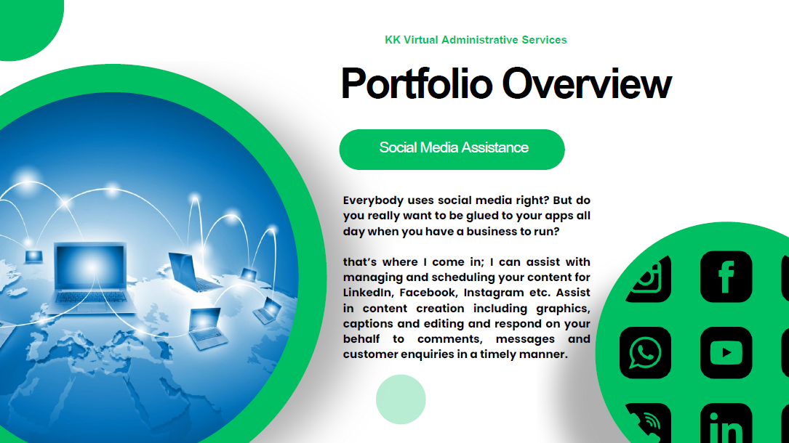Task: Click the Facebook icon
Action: pos(726,277)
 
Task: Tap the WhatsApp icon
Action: pos(645,353)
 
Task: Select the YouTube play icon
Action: pos(726,353)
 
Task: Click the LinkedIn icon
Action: pos(726,423)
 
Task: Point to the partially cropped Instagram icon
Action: pos(649,279)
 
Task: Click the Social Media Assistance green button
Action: pos(452,149)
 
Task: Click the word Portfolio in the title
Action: pos(417,84)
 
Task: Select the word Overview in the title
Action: pos(587,84)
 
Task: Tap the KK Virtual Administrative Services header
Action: pos(476,40)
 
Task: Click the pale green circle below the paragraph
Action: pos(401,399)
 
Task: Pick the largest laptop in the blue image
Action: pos(91,276)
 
